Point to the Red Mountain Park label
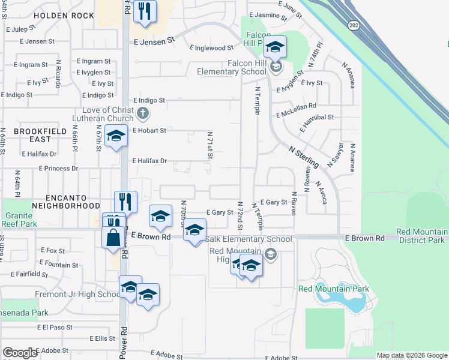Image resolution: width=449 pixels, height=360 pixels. point(333,289)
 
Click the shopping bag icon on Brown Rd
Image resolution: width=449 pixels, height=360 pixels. point(113,237)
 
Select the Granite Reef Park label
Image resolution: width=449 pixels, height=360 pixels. point(20,220)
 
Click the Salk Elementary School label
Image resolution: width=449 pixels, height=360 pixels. point(249,239)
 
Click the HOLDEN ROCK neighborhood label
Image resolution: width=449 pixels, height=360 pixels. point(64,14)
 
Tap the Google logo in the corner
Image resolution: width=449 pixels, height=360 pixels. point(20,353)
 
